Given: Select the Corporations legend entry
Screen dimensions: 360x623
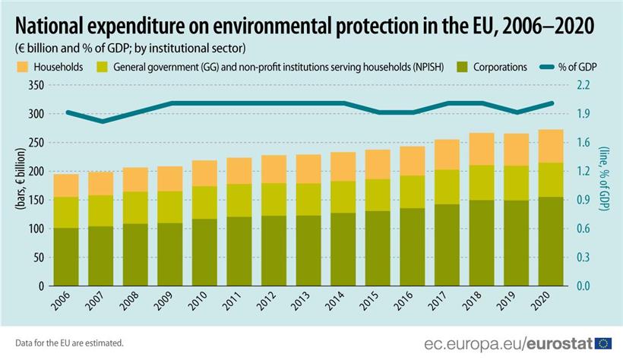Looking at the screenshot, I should click(x=498, y=67).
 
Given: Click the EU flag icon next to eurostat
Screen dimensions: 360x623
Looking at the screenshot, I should click(x=603, y=343).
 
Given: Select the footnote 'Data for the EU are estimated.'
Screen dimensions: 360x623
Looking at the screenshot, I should click(x=68, y=343).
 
